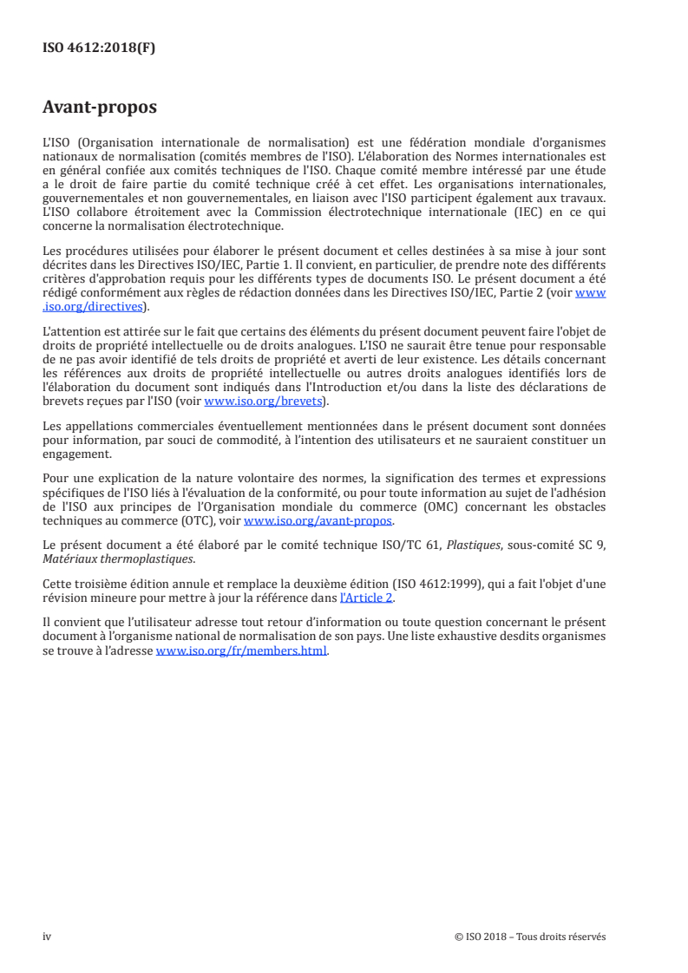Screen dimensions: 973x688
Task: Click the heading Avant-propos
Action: pos(100,108)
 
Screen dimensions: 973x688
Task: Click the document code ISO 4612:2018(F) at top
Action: pos(99,48)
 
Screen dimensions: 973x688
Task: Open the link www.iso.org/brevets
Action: pos(261,402)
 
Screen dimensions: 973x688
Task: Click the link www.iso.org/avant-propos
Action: pos(318,521)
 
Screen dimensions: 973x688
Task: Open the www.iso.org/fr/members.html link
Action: pos(241,652)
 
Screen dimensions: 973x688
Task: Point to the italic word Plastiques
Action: pos(485,545)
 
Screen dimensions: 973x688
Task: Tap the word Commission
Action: pos(295,213)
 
